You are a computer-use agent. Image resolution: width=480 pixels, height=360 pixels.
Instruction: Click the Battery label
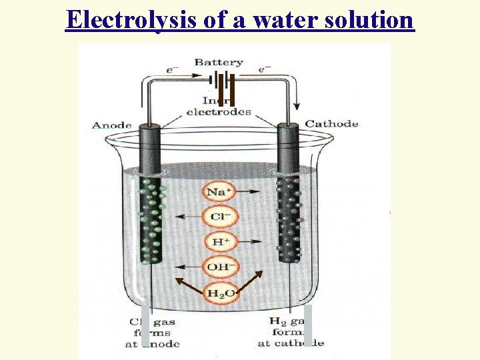218,62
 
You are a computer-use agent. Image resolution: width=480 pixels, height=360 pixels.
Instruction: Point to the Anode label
111,125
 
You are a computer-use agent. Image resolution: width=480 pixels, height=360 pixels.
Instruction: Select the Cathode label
331,124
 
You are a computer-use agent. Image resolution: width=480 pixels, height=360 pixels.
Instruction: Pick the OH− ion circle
219,267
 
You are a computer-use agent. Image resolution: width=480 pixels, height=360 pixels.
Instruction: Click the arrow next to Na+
252,192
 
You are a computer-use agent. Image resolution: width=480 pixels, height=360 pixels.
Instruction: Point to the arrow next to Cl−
187,217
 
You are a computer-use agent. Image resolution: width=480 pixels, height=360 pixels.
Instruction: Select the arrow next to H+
252,241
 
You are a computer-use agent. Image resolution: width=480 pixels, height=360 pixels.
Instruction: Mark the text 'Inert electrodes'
219,106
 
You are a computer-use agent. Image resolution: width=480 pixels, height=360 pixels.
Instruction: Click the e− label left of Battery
173,69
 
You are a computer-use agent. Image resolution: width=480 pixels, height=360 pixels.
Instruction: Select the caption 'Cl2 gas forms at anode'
152,333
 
